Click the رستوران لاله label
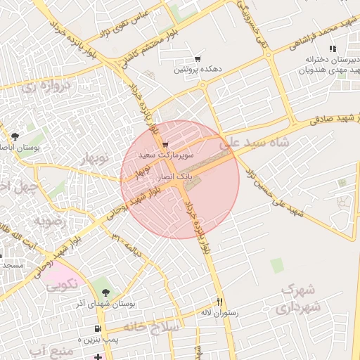tap(219, 311)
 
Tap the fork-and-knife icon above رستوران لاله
tap(219, 300)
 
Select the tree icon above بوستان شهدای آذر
tap(105, 292)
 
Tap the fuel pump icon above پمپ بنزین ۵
tap(97, 328)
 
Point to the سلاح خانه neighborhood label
tap(152, 327)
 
